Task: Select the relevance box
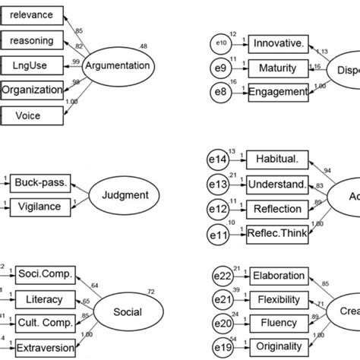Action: [32, 14]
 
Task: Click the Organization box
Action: [32, 90]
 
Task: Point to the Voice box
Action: [32, 115]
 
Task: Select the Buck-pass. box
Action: [39, 182]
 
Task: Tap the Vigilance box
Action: [39, 205]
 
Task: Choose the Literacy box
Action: [44, 299]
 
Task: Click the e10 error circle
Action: [221, 43]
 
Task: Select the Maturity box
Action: [277, 68]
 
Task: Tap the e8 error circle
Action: [221, 92]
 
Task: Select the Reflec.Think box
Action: [277, 234]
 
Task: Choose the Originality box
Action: [277, 348]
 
